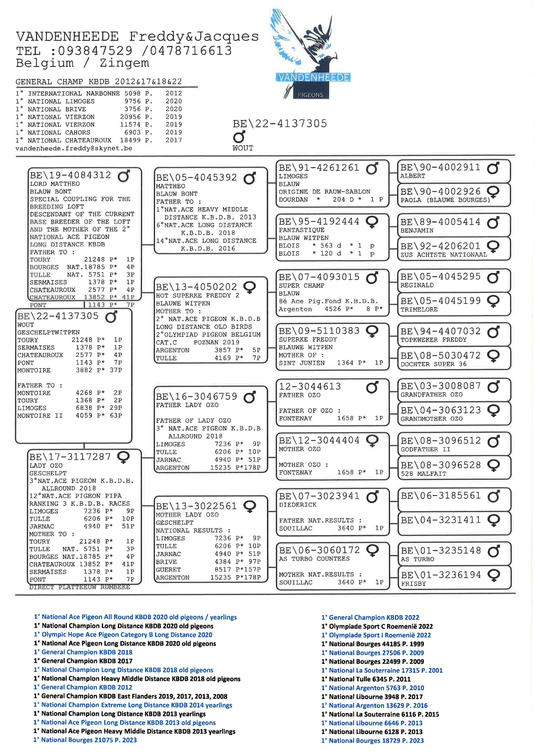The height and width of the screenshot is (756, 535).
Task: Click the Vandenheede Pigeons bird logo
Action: pyautogui.click(x=310, y=54)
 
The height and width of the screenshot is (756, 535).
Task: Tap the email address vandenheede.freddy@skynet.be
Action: pyautogui.click(x=74, y=149)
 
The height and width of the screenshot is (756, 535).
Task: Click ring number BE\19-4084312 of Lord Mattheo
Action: pyautogui.click(x=71, y=175)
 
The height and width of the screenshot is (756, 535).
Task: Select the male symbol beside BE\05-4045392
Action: pyautogui.click(x=249, y=178)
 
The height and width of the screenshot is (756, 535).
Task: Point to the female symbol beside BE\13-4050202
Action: pyautogui.click(x=249, y=287)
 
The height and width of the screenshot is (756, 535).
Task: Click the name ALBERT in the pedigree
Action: pyautogui.click(x=412, y=176)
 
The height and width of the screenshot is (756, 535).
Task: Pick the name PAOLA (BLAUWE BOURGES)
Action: pyautogui.click(x=445, y=200)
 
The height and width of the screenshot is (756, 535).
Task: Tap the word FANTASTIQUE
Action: pyautogui.click(x=301, y=230)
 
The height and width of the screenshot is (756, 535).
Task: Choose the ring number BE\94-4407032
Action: pyautogui.click(x=440, y=331)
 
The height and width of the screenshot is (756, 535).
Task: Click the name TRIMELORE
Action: pyautogui.click(x=419, y=310)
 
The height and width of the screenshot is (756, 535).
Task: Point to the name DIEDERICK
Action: pyautogui.click(x=298, y=505)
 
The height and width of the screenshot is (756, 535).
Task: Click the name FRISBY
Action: pyautogui.click(x=413, y=584)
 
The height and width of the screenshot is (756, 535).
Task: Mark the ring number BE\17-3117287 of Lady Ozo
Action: pyautogui.click(x=70, y=457)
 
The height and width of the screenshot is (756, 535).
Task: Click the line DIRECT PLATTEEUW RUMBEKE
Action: pyautogui.click(x=79, y=587)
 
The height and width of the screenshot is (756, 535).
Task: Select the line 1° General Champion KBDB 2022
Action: pyautogui.click(x=370, y=618)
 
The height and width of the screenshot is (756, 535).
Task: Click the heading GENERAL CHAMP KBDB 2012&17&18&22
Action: pyautogui.click(x=99, y=82)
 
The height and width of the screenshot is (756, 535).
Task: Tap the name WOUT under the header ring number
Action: pyautogui.click(x=243, y=148)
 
